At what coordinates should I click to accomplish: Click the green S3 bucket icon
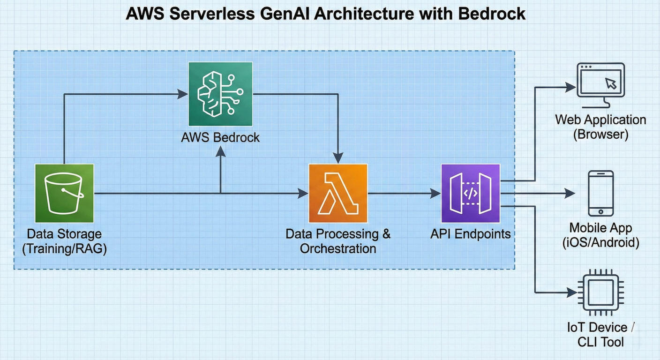64,193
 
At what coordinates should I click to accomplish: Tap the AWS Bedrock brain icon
220,94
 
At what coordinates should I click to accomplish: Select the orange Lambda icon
338,193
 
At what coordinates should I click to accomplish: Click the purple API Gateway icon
471,193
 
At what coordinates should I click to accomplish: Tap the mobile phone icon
601,193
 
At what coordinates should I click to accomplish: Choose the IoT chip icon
601,292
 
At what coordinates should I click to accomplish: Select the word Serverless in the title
212,14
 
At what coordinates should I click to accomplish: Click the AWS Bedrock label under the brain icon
220,137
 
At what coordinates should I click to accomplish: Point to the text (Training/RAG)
64,248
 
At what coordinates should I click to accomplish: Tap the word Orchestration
338,248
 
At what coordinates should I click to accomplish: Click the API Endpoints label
471,234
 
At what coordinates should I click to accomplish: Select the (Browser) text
601,135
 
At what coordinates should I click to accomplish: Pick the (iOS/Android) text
601,242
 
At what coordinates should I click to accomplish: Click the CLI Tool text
601,342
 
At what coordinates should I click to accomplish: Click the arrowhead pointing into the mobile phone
570,193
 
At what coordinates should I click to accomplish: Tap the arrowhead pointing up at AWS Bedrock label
220,151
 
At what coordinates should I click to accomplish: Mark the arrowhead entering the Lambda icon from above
338,158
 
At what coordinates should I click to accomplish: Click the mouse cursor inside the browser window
610,83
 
